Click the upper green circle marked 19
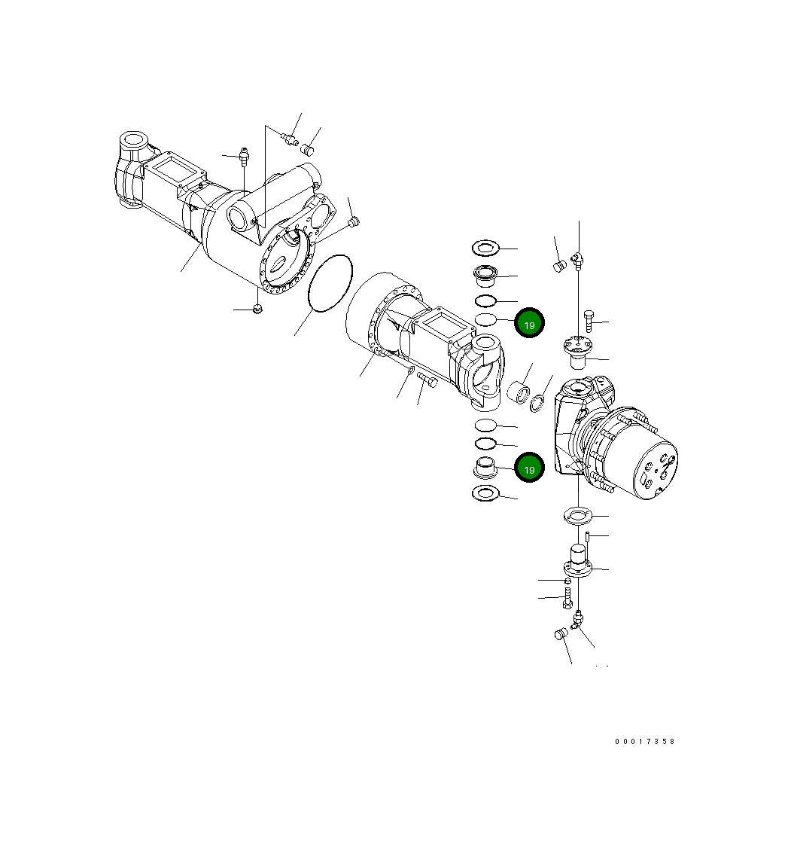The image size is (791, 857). click(529, 324)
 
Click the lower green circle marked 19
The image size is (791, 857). click(529, 468)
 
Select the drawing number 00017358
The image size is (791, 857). click(645, 741)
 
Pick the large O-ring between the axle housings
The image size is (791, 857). click(330, 282)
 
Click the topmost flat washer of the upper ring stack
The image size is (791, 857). click(486, 247)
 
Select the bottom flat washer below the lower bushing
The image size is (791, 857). click(485, 494)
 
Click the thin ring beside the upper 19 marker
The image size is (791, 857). click(486, 321)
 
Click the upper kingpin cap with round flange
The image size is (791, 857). click(578, 349)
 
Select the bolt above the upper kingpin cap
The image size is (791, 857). click(589, 322)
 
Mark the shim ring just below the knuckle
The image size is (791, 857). click(579, 517)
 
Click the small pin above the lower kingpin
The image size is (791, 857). click(586, 537)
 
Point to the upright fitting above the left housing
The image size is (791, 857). click(243, 157)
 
